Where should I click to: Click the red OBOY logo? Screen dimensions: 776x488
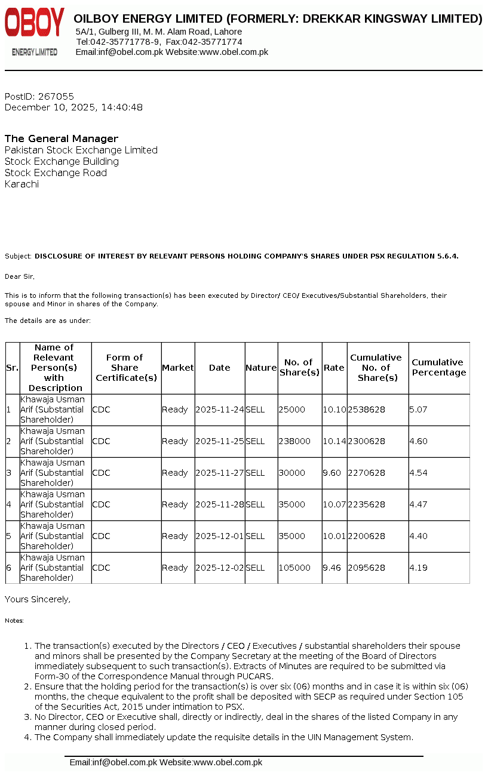coord(34,24)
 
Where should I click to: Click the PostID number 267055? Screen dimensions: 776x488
coord(56,96)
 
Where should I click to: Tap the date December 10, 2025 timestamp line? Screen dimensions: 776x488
coord(73,107)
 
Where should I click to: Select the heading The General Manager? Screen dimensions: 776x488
coord(62,138)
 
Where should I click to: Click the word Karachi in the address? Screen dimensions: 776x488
coord(22,184)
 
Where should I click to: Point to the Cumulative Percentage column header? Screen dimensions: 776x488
coord(438,368)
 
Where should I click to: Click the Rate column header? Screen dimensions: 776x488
coord(334,368)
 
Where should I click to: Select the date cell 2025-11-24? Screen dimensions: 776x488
coord(219,409)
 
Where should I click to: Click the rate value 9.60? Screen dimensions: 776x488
coord(332,473)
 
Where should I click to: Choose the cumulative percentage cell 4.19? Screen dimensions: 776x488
coord(418,568)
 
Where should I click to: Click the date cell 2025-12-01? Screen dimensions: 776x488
coord(219,536)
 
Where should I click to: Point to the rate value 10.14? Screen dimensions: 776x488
coord(334,441)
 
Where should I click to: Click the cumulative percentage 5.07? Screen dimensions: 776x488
coord(418,409)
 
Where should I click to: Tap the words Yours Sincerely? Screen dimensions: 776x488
coord(37,599)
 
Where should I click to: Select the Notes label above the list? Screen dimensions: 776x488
coord(14,621)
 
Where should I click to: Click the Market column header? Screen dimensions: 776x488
coord(178,368)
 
